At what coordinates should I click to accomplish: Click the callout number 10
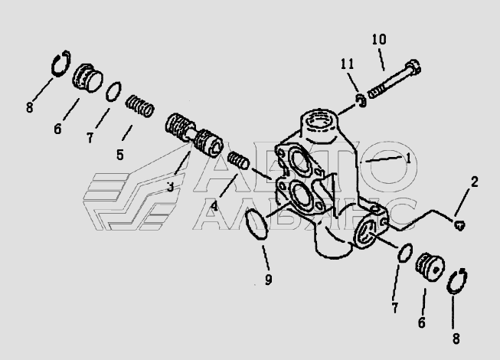pos(379,40)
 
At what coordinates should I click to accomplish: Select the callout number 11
pos(348,64)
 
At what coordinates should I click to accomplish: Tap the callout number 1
pos(408,158)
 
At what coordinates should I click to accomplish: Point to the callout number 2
pos(475,182)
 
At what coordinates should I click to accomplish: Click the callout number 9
pos(269,280)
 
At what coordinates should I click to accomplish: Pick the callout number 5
pos(120,155)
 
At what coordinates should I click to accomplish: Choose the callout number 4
pos(214,206)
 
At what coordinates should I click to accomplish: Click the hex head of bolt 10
pos(413,67)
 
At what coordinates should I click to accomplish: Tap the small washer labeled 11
pos(361,100)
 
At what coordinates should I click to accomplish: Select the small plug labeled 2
pos(459,225)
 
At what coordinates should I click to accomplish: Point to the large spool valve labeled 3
pos(194,136)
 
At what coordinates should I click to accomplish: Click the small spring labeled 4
pos(238,160)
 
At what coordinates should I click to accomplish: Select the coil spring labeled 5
pos(140,106)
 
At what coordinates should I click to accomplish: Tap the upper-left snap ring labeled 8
pos(61,64)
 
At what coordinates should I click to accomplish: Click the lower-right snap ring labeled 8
pos(457,281)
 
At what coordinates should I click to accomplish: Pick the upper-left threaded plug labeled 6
pos(87,78)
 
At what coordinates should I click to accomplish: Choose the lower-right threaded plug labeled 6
pos(430,267)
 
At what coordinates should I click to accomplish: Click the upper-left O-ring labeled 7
pos(113,91)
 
